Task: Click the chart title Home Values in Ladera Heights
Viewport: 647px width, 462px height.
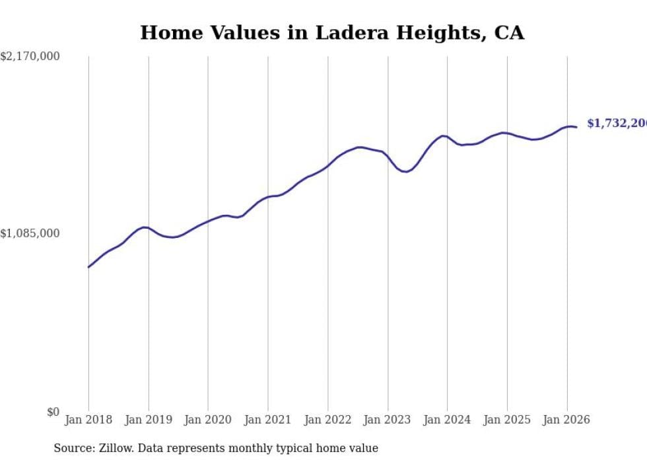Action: click(332, 33)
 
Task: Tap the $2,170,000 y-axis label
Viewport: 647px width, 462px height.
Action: click(30, 57)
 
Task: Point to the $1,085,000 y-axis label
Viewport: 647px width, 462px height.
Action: click(30, 233)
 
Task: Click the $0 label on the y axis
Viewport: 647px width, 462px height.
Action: click(53, 412)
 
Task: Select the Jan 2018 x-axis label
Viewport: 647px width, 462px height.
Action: click(88, 420)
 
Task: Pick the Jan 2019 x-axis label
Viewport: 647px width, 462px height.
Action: click(149, 420)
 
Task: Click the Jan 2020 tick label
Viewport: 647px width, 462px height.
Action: click(208, 420)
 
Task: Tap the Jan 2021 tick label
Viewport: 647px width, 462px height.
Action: click(268, 420)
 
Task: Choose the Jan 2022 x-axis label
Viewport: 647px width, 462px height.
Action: click(327, 420)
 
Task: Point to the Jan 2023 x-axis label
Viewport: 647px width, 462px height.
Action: click(388, 420)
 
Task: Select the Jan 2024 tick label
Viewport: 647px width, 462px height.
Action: click(447, 420)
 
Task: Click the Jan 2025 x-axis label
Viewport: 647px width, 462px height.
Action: click(507, 420)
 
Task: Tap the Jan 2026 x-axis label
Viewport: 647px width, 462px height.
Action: click(566, 420)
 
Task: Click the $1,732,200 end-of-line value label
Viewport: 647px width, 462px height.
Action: click(617, 124)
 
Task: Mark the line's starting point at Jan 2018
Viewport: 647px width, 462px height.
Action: click(88, 267)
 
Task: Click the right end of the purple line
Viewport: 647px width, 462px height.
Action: click(576, 127)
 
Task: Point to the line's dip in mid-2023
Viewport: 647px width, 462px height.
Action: click(405, 172)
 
